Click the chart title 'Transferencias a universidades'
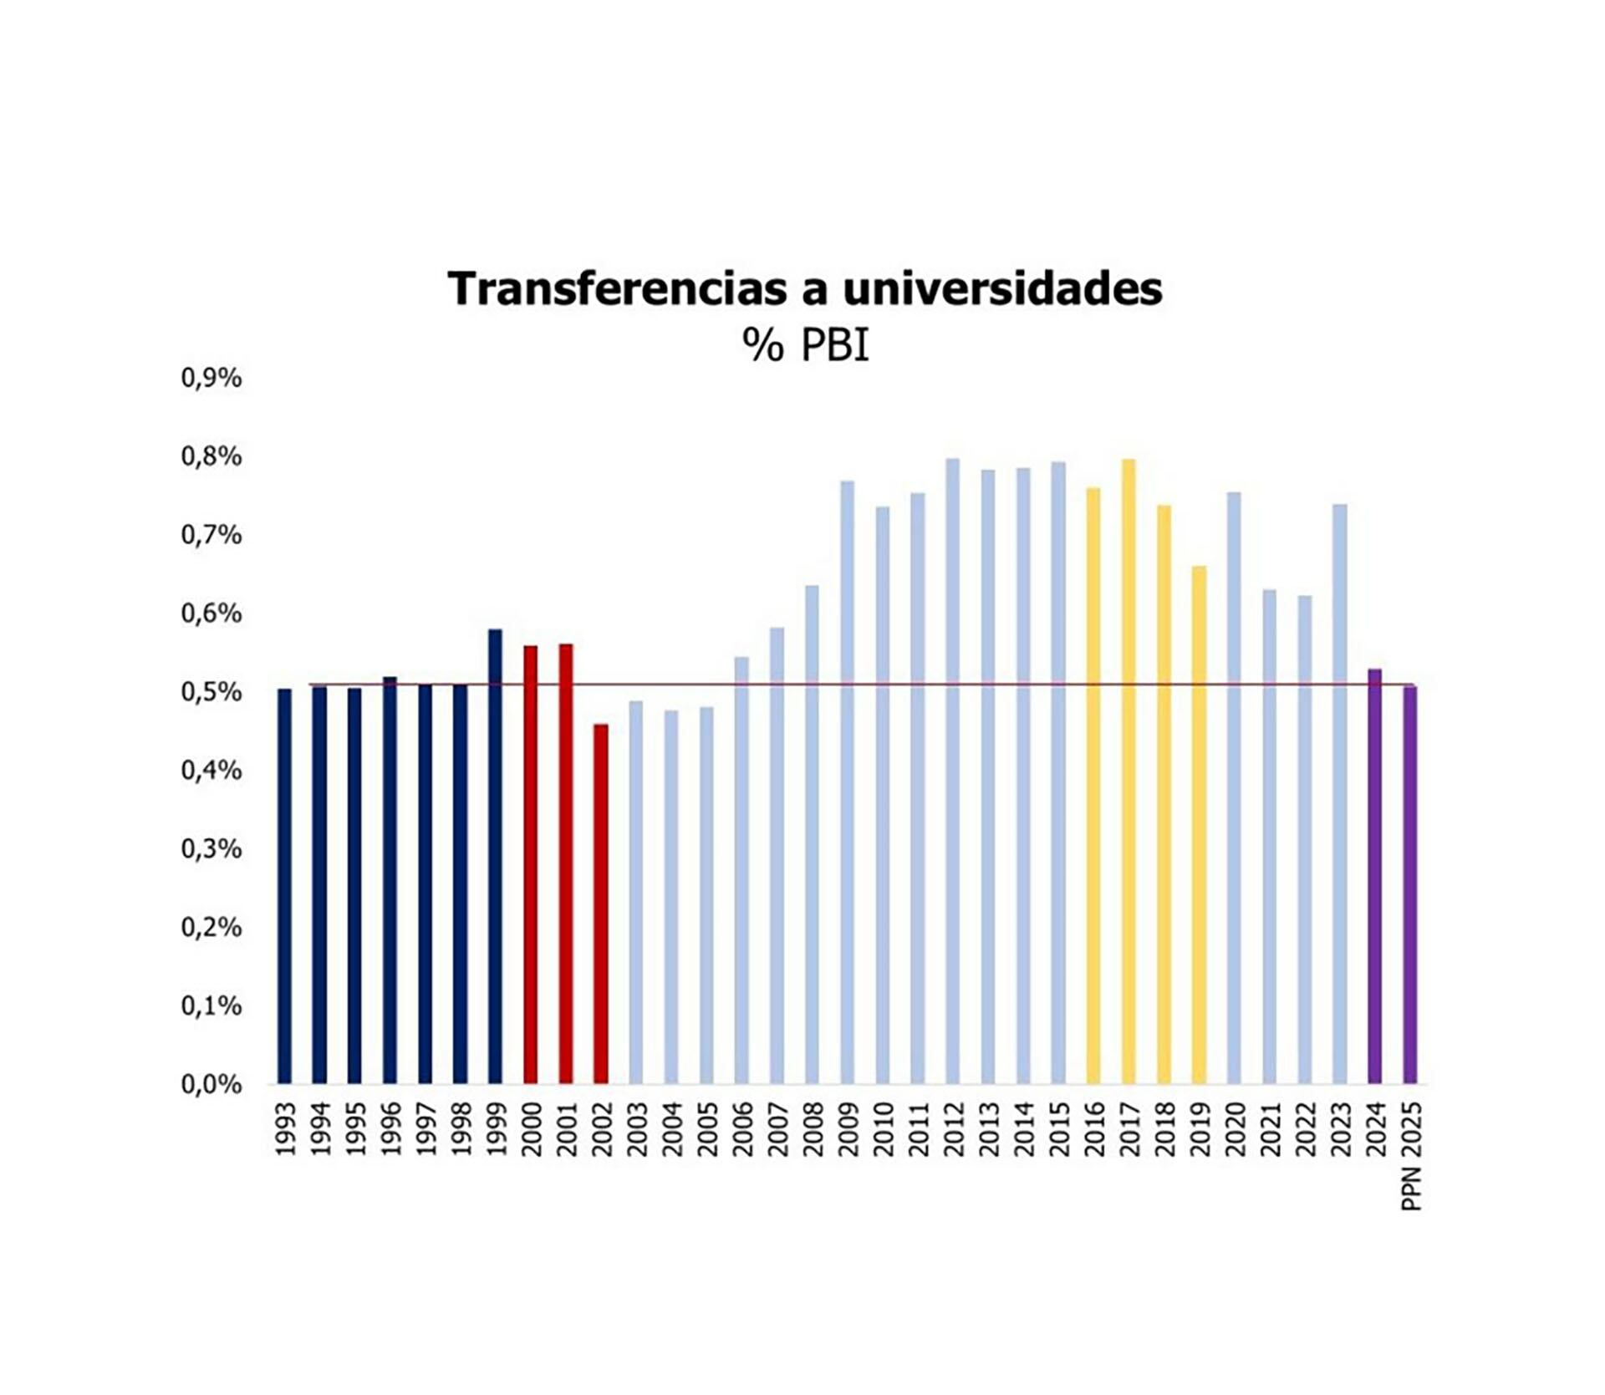pyautogui.click(x=804, y=288)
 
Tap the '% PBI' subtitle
pyautogui.click(x=805, y=344)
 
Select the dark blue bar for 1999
pyautogui.click(x=495, y=856)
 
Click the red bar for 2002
pyautogui.click(x=600, y=904)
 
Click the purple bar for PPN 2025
pyautogui.click(x=1409, y=884)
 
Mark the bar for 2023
pyautogui.click(x=1339, y=793)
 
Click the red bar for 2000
pyautogui.click(x=530, y=864)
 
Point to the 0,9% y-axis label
pyautogui.click(x=211, y=378)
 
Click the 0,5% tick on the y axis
pyautogui.click(x=211, y=692)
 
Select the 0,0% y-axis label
pyautogui.click(x=211, y=1084)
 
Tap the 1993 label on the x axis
pyautogui.click(x=285, y=1129)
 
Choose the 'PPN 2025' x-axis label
pyautogui.click(x=1410, y=1156)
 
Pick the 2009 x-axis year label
pyautogui.click(x=848, y=1129)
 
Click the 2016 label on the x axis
pyautogui.click(x=1093, y=1129)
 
